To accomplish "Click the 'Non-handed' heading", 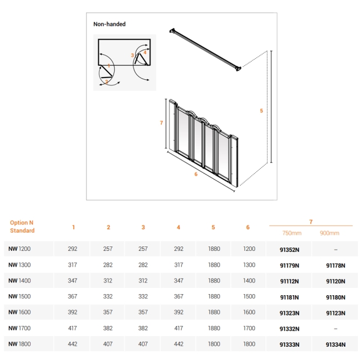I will click(x=109, y=24).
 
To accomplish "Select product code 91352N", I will click(x=290, y=249).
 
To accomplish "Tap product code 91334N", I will click(x=336, y=344).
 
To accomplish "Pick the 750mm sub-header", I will click(x=290, y=233).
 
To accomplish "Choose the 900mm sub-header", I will click(x=330, y=233).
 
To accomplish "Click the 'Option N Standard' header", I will click(x=22, y=227).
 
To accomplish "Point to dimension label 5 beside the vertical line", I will click(x=261, y=111).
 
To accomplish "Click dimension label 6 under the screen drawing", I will click(x=196, y=174).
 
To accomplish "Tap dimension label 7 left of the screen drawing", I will click(x=161, y=123).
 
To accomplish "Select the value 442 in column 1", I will click(x=73, y=344).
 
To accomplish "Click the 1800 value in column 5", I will click(x=214, y=344).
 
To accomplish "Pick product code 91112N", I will click(x=290, y=281).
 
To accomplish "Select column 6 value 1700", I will click(x=249, y=328).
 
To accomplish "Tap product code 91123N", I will click(x=336, y=312).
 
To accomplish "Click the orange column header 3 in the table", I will click(x=143, y=227).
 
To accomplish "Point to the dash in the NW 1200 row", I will click(x=336, y=249).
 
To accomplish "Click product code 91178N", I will click(x=336, y=265).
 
